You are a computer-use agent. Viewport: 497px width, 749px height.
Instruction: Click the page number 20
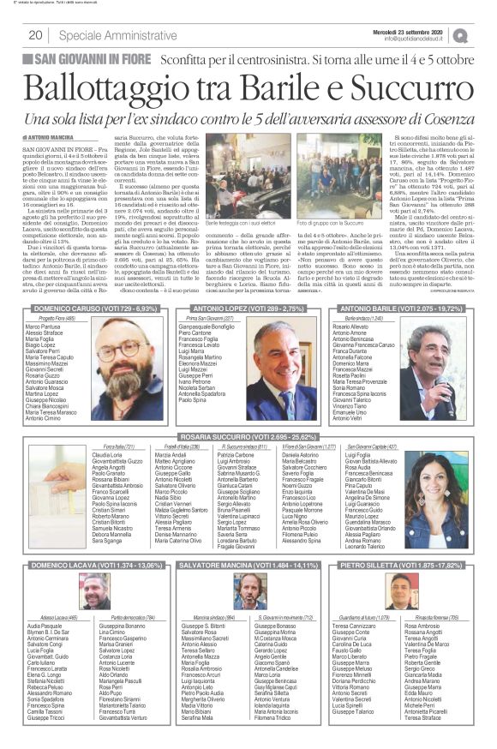pos(35,34)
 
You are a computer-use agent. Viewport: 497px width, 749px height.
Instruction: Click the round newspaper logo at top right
pos(485,34)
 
